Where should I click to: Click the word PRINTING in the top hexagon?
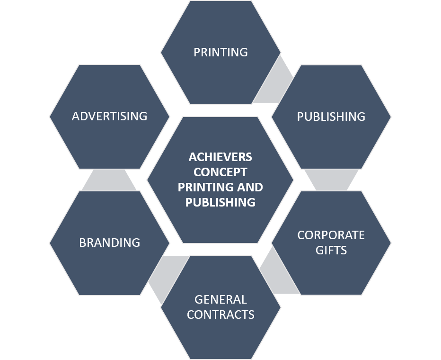tap(220, 52)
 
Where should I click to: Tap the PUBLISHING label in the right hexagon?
tap(331, 117)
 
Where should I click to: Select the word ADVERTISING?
tap(109, 116)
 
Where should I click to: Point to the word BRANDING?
tap(109, 243)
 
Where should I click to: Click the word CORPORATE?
tap(331, 235)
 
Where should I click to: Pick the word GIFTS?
tap(331, 250)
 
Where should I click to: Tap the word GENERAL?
tap(220, 299)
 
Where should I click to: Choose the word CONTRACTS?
tap(220, 315)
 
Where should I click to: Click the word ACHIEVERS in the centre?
tap(220, 157)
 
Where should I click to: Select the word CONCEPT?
tap(220, 172)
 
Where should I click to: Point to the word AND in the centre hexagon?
tap(250, 187)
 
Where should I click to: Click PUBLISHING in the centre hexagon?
tap(220, 202)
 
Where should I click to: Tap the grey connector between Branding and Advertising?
tap(109, 180)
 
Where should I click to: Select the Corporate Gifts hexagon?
tap(331, 275)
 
